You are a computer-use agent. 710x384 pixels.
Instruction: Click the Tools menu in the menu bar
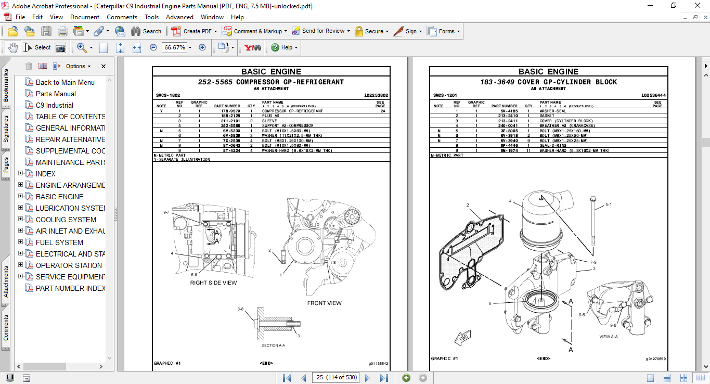coord(151,17)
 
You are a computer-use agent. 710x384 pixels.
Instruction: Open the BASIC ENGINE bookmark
coord(59,197)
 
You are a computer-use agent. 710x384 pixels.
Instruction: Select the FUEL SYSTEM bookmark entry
coord(59,242)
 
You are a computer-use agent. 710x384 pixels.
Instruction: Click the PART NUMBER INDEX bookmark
coord(70,288)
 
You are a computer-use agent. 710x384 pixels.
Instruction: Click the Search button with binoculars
coord(146,31)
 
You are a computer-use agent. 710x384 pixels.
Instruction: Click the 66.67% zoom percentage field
coord(174,47)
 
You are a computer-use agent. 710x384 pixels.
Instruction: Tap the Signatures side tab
coord(6,129)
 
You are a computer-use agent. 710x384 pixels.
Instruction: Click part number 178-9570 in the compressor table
coord(230,111)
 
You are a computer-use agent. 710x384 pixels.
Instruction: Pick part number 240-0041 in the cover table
coord(508,125)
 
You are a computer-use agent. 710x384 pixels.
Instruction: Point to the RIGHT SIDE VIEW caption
coord(213,283)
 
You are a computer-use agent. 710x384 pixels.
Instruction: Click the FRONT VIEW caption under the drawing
coord(324,303)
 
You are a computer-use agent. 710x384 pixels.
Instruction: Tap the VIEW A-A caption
coord(609,337)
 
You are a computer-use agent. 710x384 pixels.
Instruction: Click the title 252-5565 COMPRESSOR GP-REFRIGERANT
coord(270,82)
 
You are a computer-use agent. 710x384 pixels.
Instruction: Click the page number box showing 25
coord(337,377)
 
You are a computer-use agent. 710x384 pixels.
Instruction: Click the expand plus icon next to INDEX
coord(21,174)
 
